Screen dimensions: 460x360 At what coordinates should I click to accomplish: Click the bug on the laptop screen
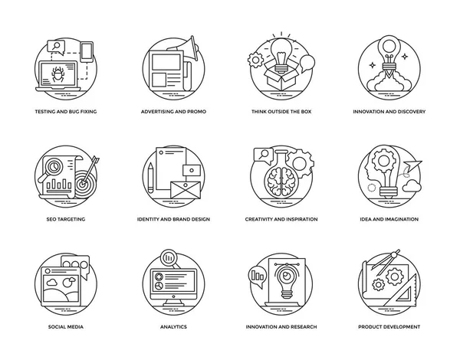58,74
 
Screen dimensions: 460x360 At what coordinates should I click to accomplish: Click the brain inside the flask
281,181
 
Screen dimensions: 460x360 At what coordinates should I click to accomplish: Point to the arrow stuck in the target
90,170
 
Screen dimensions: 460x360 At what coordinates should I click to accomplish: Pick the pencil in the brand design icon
150,178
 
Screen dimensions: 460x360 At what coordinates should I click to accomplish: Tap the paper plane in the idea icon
412,166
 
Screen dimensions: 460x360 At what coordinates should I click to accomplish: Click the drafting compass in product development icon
388,262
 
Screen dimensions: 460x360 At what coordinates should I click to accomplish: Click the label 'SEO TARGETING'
66,219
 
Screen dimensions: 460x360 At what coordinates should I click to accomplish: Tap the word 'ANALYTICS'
173,326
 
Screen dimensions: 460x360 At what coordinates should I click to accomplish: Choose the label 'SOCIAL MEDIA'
66,326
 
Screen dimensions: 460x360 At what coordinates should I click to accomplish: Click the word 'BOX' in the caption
306,111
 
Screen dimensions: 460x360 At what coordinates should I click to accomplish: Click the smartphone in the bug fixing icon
87,52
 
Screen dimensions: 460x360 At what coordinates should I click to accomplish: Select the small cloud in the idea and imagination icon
412,186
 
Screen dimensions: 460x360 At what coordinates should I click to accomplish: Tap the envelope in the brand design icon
186,190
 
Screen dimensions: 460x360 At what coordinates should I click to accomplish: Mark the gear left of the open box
255,60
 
